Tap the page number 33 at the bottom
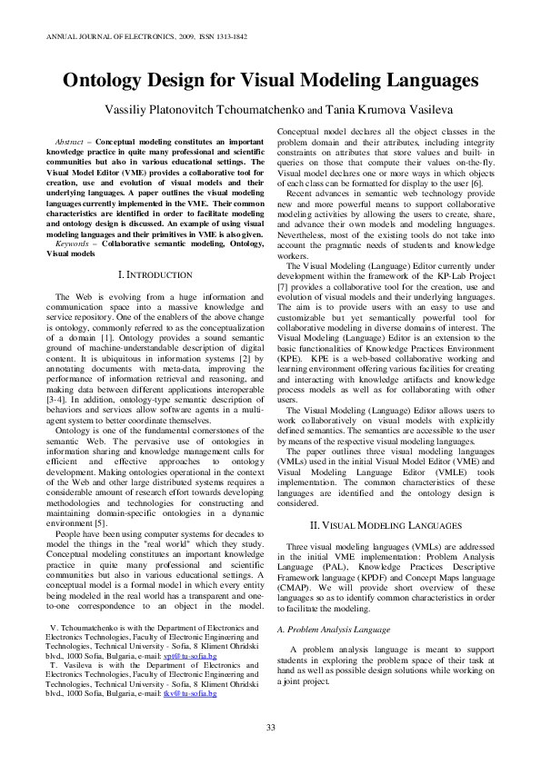tap(270, 726)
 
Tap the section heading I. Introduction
tap(151, 273)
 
